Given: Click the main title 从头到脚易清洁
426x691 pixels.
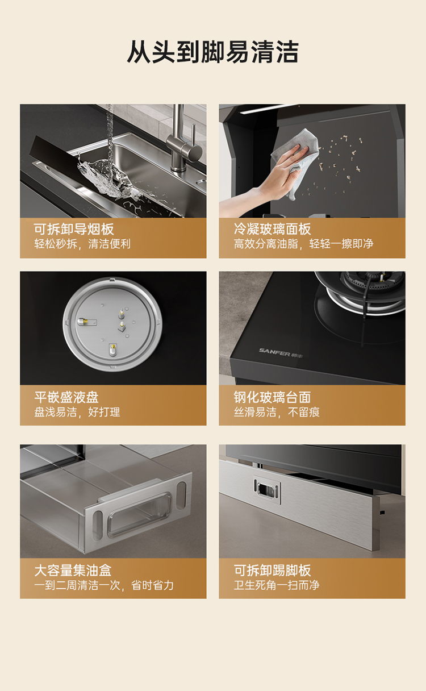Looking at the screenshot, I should pos(212,52).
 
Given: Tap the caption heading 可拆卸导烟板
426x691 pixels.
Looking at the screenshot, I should pos(74,229).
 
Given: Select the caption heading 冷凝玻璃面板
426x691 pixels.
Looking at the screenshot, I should pos(273,229).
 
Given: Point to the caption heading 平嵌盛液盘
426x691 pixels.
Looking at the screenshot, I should pos(66,397).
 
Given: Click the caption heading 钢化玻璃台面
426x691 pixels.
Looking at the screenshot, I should pos(273,397).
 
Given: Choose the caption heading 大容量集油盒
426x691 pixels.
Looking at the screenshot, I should pos(73,570).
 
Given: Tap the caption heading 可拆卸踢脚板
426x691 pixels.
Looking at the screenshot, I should pos(273,570).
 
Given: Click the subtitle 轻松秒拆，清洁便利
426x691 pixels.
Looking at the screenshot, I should pos(82,244).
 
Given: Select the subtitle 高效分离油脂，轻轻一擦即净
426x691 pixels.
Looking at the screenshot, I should pos(304,244).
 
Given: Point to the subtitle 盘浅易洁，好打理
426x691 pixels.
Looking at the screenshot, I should pos(77,412).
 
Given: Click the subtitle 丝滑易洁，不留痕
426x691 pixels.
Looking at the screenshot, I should pos(277,412).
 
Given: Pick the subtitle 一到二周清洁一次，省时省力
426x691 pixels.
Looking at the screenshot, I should pos(104,585).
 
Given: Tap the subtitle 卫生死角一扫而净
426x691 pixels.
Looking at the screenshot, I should pos(277,585).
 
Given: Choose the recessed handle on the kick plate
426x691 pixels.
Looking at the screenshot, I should pos(267,488).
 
